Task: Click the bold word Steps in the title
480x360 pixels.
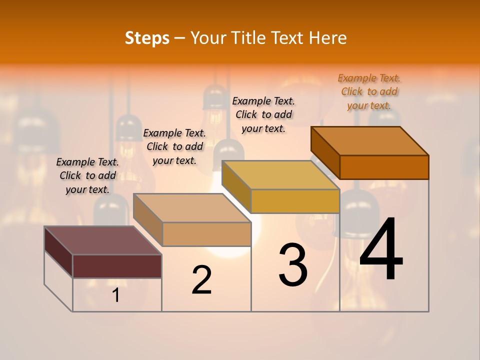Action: click(147, 38)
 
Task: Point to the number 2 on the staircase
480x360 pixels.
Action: click(202, 280)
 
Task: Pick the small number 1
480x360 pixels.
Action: click(115, 295)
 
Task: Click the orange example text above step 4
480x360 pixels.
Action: click(369, 92)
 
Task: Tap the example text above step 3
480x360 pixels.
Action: click(263, 115)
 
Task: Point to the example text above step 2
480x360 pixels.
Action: click(174, 146)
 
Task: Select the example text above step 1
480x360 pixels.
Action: click(87, 175)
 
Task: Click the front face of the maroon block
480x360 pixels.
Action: click(117, 266)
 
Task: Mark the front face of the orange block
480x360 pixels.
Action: click(384, 167)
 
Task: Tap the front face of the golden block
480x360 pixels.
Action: click(295, 201)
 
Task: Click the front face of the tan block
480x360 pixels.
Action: click(206, 234)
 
